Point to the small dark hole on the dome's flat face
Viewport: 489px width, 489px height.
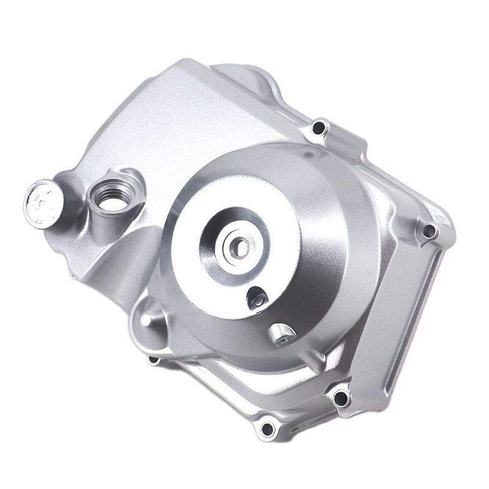[x=254, y=298]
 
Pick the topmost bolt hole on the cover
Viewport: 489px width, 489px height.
[x=318, y=128]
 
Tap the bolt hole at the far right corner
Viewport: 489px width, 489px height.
[x=429, y=230]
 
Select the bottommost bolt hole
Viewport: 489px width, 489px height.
[x=267, y=428]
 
